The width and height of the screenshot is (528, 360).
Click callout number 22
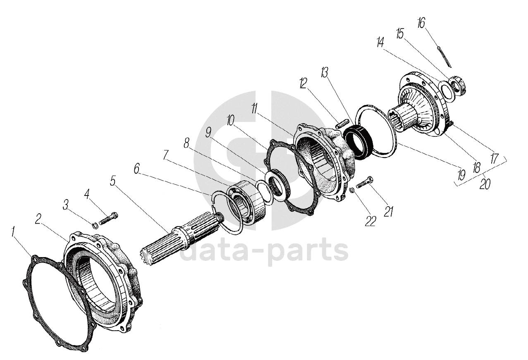(x=370, y=221)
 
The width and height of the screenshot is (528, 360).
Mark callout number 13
(x=324, y=74)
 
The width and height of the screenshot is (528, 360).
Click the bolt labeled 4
(x=108, y=217)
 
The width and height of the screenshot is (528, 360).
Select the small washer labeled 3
(x=95, y=225)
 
